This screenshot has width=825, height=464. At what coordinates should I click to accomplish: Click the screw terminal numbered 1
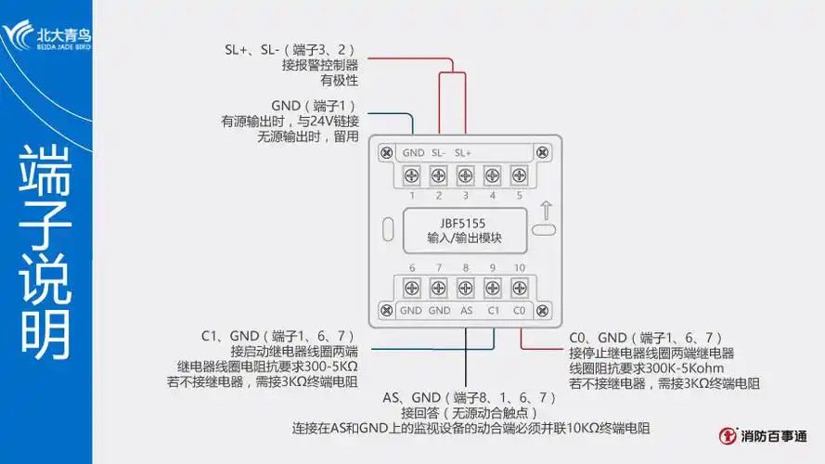click(411, 174)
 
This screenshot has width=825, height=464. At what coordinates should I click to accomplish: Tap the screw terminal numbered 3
click(465, 174)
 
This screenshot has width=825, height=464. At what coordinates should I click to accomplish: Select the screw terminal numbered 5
click(519, 174)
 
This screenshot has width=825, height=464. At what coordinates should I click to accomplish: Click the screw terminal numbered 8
click(465, 288)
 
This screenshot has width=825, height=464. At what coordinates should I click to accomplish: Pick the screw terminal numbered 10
click(519, 288)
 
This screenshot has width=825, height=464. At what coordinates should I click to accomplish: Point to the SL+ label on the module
click(463, 152)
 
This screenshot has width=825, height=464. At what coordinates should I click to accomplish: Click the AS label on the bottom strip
click(466, 310)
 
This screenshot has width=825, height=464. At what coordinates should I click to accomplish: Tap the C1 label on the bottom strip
click(493, 310)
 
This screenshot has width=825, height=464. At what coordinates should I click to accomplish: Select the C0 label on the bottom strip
click(519, 310)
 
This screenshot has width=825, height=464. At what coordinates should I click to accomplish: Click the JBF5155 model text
click(464, 223)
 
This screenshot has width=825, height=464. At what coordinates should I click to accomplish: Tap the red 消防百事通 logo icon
click(730, 435)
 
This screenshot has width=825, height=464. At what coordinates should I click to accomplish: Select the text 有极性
click(339, 81)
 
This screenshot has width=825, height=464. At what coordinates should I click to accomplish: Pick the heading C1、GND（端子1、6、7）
click(278, 336)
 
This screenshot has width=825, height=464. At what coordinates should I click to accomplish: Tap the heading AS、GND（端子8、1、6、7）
click(470, 397)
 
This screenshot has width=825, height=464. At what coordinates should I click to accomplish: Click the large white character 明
click(45, 331)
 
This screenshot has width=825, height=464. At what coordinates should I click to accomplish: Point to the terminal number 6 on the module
click(411, 268)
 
